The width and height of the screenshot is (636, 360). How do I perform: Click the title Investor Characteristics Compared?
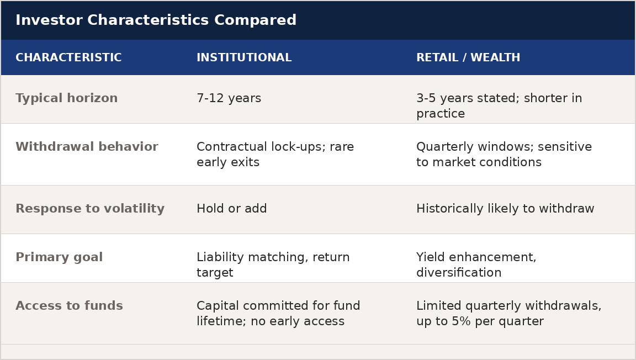point(156,20)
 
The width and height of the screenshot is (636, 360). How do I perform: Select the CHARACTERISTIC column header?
point(68,57)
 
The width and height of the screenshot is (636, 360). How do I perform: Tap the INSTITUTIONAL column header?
point(244,57)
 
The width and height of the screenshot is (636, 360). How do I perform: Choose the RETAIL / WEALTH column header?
point(468,57)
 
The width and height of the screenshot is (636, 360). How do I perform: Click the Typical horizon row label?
point(66,98)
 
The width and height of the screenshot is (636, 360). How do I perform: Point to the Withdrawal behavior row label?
point(87,146)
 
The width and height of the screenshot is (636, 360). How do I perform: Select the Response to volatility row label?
point(90,209)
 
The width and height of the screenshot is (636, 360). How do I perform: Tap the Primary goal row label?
point(59,257)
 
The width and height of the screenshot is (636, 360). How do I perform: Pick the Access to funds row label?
point(70,306)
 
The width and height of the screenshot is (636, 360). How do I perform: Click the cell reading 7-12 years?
point(229,98)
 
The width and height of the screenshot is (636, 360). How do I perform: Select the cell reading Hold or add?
point(232,209)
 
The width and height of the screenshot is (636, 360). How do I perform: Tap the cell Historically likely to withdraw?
point(505,209)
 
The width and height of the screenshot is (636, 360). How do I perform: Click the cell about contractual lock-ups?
point(275,154)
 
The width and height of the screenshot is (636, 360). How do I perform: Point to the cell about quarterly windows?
point(504,154)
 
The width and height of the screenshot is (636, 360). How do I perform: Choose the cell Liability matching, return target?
point(273,264)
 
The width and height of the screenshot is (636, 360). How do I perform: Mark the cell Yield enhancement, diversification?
point(476,264)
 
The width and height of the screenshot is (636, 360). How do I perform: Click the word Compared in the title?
point(255,20)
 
